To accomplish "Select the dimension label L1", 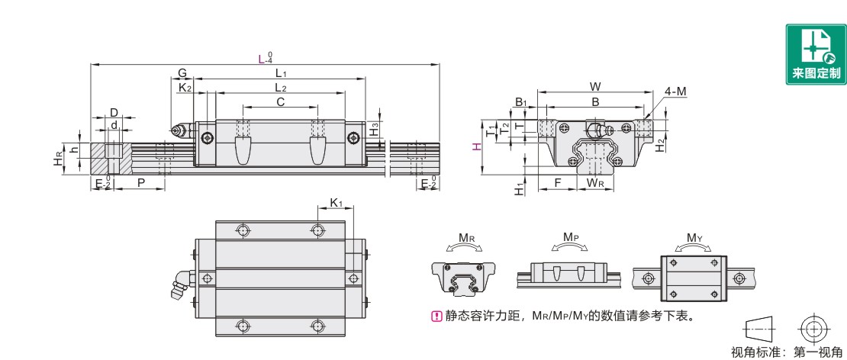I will [280, 73].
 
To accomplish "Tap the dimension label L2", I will [280, 88].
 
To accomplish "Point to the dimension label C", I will [280, 101].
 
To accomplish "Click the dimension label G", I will [182, 73].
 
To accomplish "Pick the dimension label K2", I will [185, 88].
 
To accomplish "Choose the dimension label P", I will [141, 183].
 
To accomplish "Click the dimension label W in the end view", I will [596, 85].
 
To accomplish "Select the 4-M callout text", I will [675, 92].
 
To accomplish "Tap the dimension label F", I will [558, 183].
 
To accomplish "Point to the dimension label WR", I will [596, 183].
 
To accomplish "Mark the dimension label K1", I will [337, 203].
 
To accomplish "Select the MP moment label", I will [569, 237].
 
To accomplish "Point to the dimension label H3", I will [374, 129].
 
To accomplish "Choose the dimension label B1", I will [520, 102].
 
